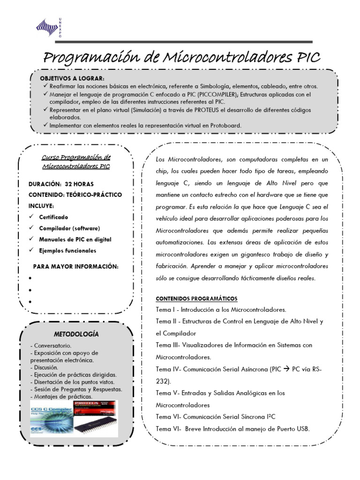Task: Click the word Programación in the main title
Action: click(x=96, y=58)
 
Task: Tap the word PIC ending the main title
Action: click(x=307, y=58)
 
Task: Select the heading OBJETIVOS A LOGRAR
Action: click(x=72, y=78)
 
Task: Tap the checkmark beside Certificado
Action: click(x=31, y=217)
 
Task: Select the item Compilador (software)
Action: click(x=69, y=228)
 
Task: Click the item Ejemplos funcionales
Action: click(x=67, y=251)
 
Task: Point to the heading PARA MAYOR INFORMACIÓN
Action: click(x=75, y=267)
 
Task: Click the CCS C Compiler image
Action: click(x=50, y=417)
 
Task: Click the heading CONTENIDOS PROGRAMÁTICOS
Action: click(x=196, y=299)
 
